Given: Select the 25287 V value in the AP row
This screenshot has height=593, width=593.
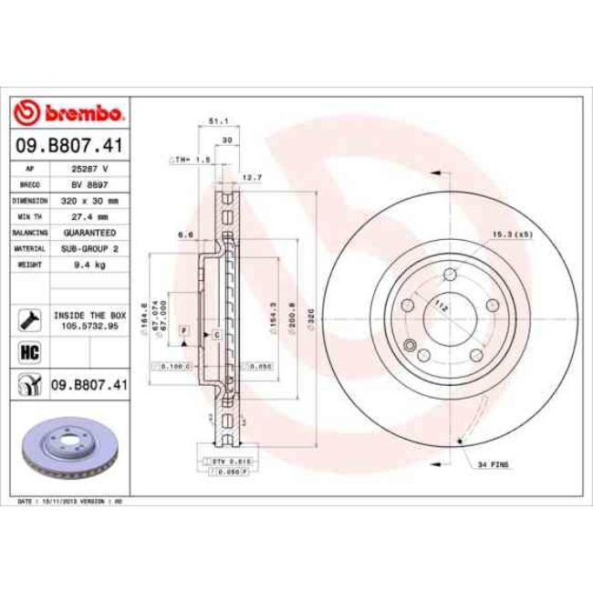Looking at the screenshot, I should [x=90, y=170].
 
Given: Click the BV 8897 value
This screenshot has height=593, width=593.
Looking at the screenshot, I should [x=90, y=184].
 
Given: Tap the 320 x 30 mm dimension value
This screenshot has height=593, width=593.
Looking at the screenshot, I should [x=90, y=199].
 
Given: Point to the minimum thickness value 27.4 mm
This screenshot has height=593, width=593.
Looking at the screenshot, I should [x=90, y=216].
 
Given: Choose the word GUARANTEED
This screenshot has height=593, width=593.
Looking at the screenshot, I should [x=90, y=232].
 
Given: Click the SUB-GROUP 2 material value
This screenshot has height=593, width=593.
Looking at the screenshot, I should [x=90, y=247].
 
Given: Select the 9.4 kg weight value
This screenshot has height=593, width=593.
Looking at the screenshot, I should [x=90, y=263].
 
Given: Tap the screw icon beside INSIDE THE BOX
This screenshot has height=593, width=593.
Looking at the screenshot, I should [x=27, y=317].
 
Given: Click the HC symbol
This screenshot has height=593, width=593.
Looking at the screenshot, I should [x=27, y=351].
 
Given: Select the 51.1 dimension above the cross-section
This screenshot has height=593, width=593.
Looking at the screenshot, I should [x=217, y=120].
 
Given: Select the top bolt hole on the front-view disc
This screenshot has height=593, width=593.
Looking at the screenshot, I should [x=451, y=276].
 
